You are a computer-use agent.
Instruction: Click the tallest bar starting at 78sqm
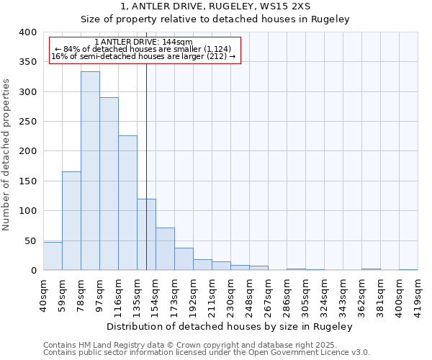click(90, 171)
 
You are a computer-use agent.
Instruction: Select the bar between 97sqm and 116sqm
click(109, 184)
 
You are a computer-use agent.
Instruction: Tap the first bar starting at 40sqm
click(53, 256)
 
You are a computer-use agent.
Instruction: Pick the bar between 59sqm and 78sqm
click(71, 220)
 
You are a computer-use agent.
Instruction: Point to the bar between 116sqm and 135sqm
click(127, 203)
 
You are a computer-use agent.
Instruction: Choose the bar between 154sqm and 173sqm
click(165, 249)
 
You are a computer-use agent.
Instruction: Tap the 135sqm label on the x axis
click(137, 294)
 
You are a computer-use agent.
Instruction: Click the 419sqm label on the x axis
click(418, 294)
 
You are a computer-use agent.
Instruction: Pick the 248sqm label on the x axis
click(249, 294)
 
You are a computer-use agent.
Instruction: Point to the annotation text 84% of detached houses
click(144, 49)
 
